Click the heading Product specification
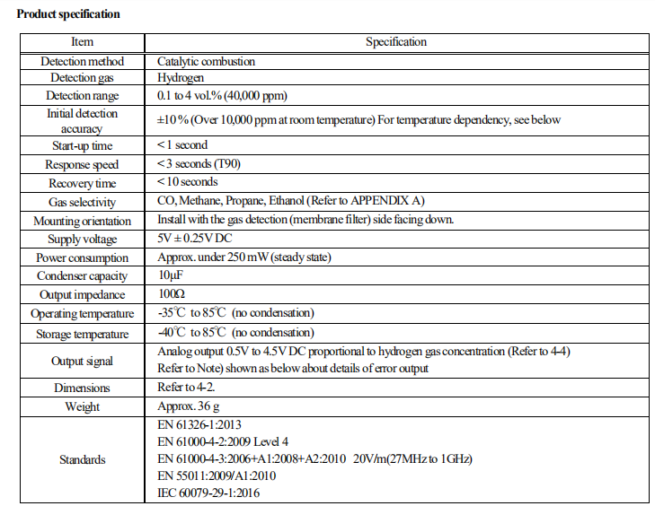(68, 14)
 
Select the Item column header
(82, 42)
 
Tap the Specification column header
(396, 42)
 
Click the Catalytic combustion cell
(206, 62)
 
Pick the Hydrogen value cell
(180, 79)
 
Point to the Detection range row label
(82, 95)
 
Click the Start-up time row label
(82, 145)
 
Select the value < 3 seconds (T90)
(199, 164)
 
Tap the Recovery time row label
(82, 183)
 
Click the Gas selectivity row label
(82, 203)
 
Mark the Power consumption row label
(82, 257)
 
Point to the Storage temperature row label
(82, 334)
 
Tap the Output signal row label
(82, 361)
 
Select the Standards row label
(82, 459)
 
